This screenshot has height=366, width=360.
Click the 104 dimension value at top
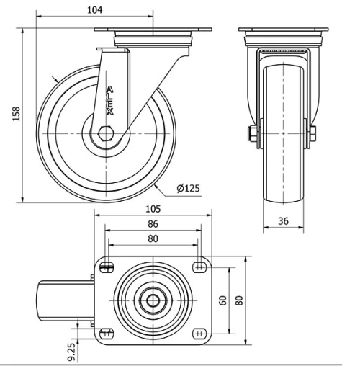coord(94,9)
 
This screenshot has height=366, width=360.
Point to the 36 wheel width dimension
coord(284,222)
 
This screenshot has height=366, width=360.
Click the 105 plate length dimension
coord(152,210)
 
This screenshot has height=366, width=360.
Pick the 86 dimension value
coord(152,225)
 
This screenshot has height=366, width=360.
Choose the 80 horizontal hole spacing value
coord(152,239)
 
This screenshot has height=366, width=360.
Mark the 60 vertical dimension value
coord(223,300)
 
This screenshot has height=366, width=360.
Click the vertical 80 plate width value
coord(239,298)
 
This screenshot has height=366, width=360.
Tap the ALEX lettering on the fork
coord(109,102)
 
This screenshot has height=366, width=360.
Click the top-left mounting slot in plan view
coord(107,267)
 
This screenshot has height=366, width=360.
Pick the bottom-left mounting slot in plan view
coord(107,333)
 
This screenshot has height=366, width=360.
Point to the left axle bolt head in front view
coord(253,134)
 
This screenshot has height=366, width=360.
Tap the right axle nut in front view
coord(314,134)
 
